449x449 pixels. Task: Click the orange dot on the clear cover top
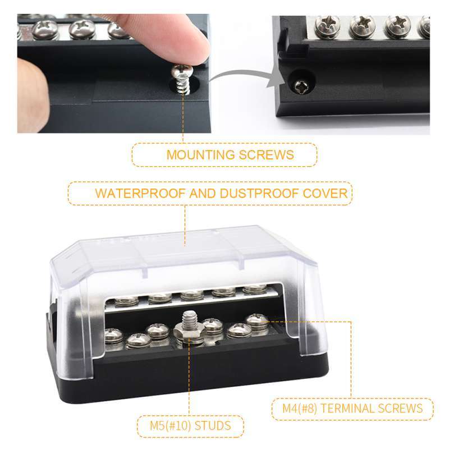[186, 245]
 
